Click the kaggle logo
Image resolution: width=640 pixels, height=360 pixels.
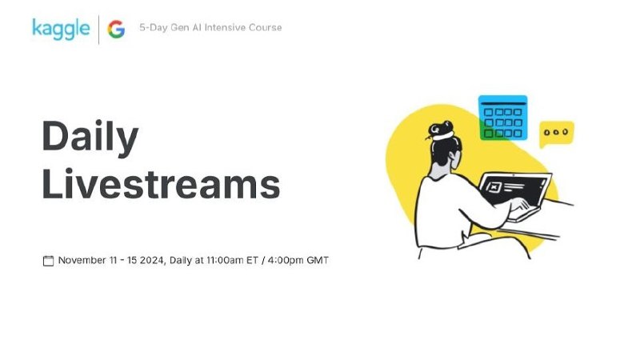click(61, 29)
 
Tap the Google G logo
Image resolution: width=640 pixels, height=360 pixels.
click(116, 30)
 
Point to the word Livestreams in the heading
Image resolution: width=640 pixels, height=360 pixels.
click(161, 184)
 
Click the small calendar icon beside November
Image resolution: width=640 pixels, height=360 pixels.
click(48, 261)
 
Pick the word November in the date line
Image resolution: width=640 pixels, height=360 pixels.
click(82, 260)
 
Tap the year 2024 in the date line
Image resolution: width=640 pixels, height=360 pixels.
click(151, 261)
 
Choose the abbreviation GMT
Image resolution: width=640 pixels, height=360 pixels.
click(318, 260)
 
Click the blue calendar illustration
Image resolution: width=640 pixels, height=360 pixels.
click(503, 118)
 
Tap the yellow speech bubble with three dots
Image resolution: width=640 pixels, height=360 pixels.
click(557, 133)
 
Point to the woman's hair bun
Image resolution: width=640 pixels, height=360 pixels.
click(440, 128)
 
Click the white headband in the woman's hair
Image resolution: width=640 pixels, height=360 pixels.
click(443, 136)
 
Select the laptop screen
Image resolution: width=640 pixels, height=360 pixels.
click(514, 189)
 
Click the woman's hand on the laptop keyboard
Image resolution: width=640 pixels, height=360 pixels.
click(520, 204)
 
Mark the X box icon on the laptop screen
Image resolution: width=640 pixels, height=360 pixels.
click(494, 187)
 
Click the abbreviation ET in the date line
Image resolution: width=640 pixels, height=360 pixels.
click(252, 260)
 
